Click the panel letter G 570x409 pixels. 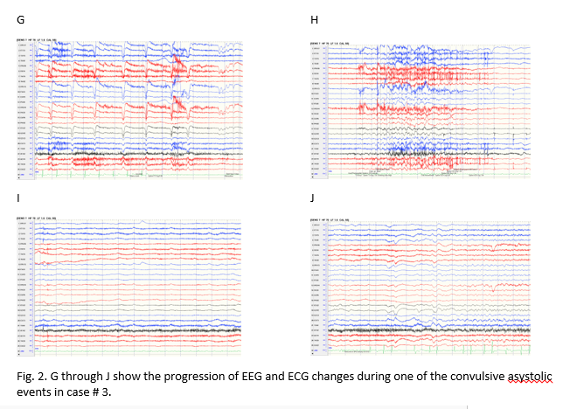click(12, 16)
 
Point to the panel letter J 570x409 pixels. click(314, 198)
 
